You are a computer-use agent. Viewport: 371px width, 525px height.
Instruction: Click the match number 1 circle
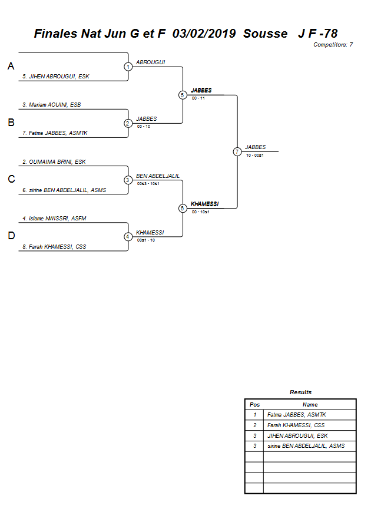click(x=128, y=67)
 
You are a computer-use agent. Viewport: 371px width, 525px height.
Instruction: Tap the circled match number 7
click(x=237, y=151)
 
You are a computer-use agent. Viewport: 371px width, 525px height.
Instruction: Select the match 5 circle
click(x=183, y=95)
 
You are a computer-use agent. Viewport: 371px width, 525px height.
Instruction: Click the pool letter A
click(x=11, y=67)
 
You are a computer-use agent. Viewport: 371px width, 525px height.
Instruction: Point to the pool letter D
click(x=11, y=236)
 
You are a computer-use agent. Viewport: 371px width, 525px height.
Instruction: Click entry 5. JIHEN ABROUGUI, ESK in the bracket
click(x=55, y=77)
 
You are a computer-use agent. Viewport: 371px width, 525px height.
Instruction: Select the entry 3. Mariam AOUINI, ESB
click(x=51, y=105)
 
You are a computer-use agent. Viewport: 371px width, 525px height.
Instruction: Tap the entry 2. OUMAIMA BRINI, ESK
click(x=54, y=161)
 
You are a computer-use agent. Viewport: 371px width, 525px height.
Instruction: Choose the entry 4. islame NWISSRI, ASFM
click(x=54, y=218)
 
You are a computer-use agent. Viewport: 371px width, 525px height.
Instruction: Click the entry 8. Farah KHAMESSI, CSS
click(x=54, y=247)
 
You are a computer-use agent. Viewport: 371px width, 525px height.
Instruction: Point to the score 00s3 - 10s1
click(x=148, y=183)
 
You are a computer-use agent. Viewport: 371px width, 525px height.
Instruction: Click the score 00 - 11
click(x=198, y=98)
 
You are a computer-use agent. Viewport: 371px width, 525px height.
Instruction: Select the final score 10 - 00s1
click(x=254, y=155)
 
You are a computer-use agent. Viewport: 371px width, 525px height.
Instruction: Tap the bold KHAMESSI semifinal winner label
click(x=204, y=204)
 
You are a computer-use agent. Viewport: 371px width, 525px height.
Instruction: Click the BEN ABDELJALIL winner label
click(x=157, y=176)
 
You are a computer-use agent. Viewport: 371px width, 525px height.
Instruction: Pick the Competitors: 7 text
click(x=333, y=45)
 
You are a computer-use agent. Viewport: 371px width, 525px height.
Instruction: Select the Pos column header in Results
click(x=254, y=405)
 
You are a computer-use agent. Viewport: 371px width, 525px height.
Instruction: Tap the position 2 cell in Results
click(x=254, y=425)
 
